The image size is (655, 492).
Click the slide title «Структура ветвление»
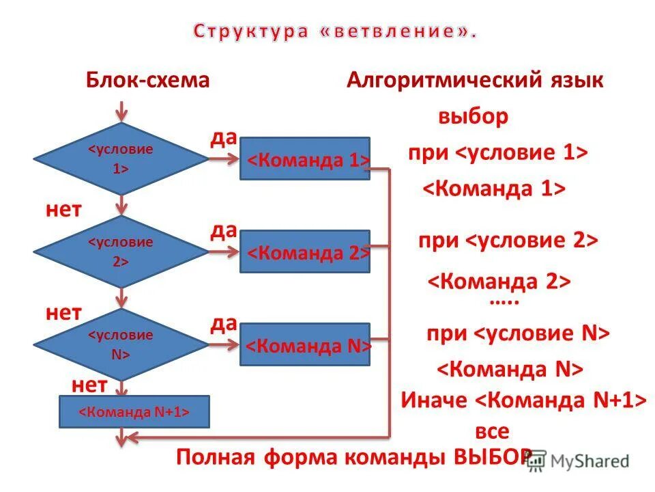[x=334, y=31]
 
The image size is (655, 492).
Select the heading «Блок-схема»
[x=147, y=81]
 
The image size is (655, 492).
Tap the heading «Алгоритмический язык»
[x=475, y=81]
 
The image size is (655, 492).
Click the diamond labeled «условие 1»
[x=121, y=159]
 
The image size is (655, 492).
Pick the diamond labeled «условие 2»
[x=121, y=251]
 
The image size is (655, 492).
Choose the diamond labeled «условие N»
[x=121, y=344]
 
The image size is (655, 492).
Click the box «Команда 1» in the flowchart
[x=305, y=159]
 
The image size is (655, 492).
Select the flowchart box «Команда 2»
[x=305, y=252]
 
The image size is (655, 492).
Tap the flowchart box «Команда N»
[x=305, y=345]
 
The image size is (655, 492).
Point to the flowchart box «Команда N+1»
[x=134, y=412]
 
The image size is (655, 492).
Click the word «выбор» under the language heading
[x=473, y=117]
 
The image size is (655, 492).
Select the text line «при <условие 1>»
[x=497, y=152]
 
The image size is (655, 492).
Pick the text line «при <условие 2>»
[x=508, y=241]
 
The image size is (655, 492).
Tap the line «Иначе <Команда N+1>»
[x=523, y=400]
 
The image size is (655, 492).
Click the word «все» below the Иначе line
[x=492, y=431]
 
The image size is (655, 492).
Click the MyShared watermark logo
[x=579, y=461]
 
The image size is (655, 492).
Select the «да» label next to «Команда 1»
[x=223, y=139]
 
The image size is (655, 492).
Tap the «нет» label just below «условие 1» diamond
[x=63, y=210]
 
